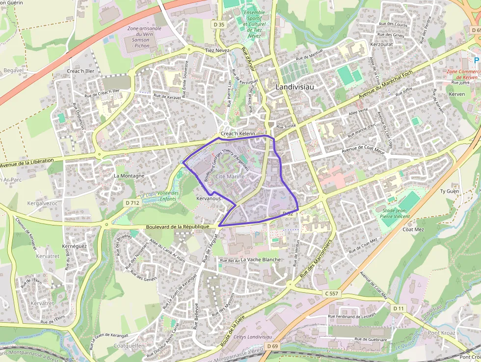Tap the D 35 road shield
[x=219, y=24]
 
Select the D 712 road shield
[x=132, y=202]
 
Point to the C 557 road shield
[x=332, y=293]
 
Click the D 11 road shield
[x=399, y=308]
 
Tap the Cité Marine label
[x=230, y=176]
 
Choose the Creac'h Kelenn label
[x=238, y=134]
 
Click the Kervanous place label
[x=208, y=198]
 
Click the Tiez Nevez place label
[x=217, y=50]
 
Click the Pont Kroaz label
[x=441, y=333]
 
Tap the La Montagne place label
[x=129, y=175]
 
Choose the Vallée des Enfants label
[x=169, y=196]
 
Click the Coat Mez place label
[x=413, y=229]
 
